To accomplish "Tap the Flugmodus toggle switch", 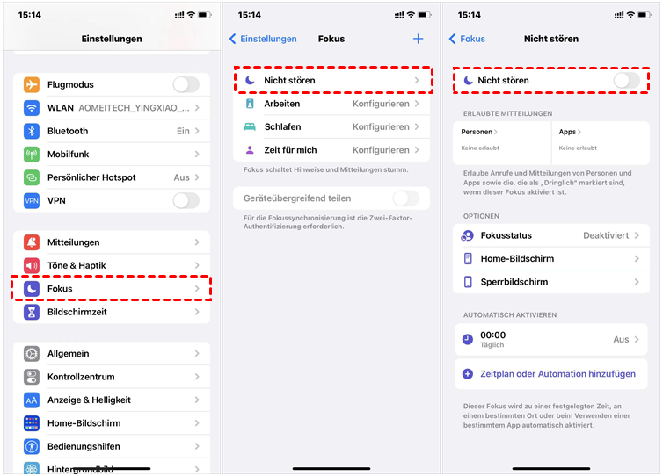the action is (x=186, y=84).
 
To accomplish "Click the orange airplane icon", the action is (x=32, y=84).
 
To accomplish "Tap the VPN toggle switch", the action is (x=186, y=200).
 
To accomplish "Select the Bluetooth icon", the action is (x=32, y=131).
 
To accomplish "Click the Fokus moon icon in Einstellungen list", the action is (x=32, y=288).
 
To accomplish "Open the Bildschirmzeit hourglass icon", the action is (x=32, y=312).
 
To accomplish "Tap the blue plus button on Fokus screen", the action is (x=418, y=39).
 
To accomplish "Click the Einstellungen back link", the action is (x=263, y=39).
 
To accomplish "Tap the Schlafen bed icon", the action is (x=250, y=126).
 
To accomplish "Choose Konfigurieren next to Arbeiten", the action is (x=381, y=104).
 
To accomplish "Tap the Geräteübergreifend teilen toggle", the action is (x=406, y=198).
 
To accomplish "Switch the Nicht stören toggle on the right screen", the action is (x=627, y=80).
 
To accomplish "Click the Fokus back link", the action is (x=467, y=39).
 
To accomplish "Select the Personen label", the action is (x=477, y=132).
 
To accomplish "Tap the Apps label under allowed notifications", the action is (x=567, y=132).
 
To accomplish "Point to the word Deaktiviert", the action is (x=606, y=235).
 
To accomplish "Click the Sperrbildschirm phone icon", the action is (x=468, y=282).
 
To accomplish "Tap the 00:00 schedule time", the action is (x=493, y=335).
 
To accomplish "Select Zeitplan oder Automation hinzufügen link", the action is (x=557, y=374).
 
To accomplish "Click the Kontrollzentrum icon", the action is (x=32, y=377).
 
